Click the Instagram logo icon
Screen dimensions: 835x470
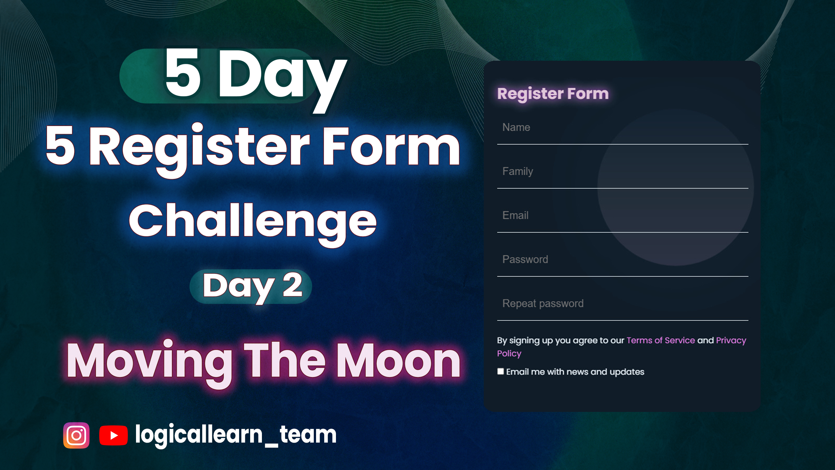click(76, 435)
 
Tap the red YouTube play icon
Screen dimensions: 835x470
click(113, 435)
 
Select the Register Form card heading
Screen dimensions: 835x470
click(553, 94)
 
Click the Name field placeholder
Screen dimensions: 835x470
click(516, 127)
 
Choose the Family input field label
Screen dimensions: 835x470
click(518, 172)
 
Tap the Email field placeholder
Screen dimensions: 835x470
click(515, 215)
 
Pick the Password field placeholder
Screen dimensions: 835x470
click(525, 259)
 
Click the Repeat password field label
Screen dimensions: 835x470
click(543, 304)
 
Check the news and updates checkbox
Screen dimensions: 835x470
click(500, 371)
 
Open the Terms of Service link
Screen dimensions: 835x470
click(660, 340)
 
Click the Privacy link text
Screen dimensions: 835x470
click(731, 341)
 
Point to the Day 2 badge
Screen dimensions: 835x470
click(251, 287)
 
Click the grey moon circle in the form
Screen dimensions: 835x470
click(676, 187)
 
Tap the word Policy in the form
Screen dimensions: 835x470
click(509, 354)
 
